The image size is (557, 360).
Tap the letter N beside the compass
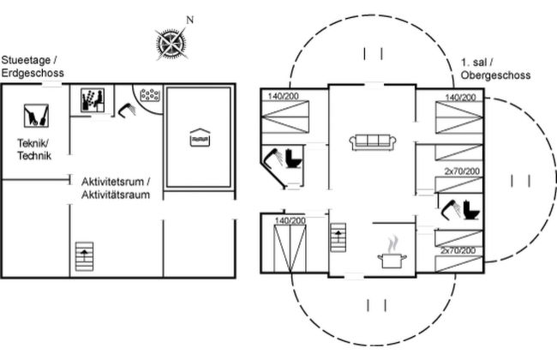click(x=190, y=20)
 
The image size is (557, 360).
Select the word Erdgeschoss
click(x=32, y=74)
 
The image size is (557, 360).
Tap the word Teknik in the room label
click(x=32, y=143)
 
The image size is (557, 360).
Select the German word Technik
click(x=34, y=156)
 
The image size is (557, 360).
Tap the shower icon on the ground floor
click(x=128, y=109)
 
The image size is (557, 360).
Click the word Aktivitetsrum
click(x=115, y=182)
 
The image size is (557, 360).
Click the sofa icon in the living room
click(x=371, y=141)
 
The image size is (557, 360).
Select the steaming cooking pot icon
click(x=393, y=254)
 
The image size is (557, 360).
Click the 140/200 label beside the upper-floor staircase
click(x=290, y=221)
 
